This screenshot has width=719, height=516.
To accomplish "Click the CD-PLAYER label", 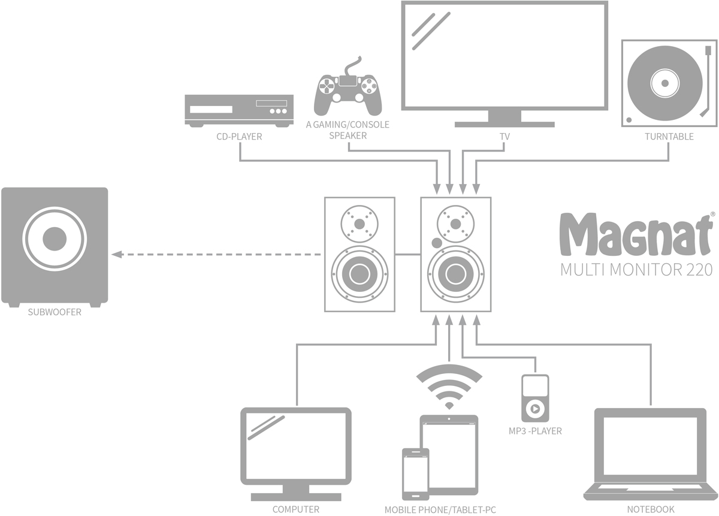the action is point(239,137).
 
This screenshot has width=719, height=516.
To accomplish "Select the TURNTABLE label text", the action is point(669,137).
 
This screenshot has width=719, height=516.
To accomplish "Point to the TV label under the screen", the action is point(504,137).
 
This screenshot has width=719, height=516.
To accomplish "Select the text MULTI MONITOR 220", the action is point(636,270).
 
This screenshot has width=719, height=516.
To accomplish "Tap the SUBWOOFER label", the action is point(55,312).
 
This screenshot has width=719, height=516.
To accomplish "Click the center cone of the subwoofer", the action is point(55,239).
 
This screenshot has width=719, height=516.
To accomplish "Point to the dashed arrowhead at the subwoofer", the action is point(116,254).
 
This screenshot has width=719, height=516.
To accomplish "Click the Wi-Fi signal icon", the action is point(449,387).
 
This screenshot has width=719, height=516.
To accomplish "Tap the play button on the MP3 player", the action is point(535,409).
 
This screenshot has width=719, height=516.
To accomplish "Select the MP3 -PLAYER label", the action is point(535,431).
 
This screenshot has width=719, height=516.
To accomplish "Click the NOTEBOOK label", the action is point(651,509).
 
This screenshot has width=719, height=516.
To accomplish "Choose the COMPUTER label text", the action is point(295,509).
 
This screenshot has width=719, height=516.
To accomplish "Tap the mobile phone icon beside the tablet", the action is point(416,474).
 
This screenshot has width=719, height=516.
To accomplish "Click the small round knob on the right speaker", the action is point(437,243).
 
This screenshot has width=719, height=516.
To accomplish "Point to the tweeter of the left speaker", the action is point(359,224).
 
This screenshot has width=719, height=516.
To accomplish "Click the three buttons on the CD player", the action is point(279,111).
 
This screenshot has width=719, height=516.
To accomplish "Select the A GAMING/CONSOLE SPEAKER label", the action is point(348,129).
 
